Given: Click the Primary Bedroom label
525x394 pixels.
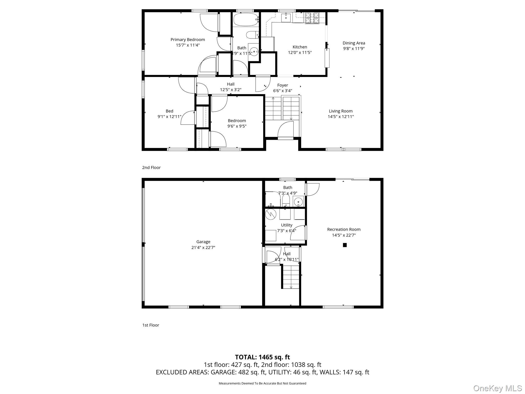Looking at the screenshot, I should tap(188, 40).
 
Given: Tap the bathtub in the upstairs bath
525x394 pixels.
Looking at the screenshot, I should tap(246, 19).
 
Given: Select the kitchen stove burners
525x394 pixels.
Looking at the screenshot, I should tap(312, 18).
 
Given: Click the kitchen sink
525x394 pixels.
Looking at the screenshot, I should tap(286, 18).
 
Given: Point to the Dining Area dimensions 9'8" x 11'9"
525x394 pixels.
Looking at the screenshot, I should tap(354, 48).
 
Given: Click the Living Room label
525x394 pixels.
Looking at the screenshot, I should tap(341, 111).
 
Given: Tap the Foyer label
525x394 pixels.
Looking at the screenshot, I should tap(282, 85).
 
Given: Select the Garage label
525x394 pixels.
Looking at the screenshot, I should tap(203, 242).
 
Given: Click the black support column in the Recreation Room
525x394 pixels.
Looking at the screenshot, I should tap(345, 245).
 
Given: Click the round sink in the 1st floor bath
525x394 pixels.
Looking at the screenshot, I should tap(298, 202).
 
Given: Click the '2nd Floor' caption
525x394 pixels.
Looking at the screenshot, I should tap(151, 168).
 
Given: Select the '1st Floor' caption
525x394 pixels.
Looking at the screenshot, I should tap(151, 325).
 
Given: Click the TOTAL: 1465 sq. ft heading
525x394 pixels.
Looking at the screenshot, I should tap(262, 357).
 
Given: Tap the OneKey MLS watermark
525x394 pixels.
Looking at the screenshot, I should tap(497, 388).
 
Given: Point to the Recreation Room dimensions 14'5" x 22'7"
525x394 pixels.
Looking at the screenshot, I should tap(344, 235).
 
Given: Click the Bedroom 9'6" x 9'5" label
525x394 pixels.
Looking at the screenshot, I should tap(237, 121).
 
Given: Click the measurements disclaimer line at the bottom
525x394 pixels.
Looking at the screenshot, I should tap(262, 383).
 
